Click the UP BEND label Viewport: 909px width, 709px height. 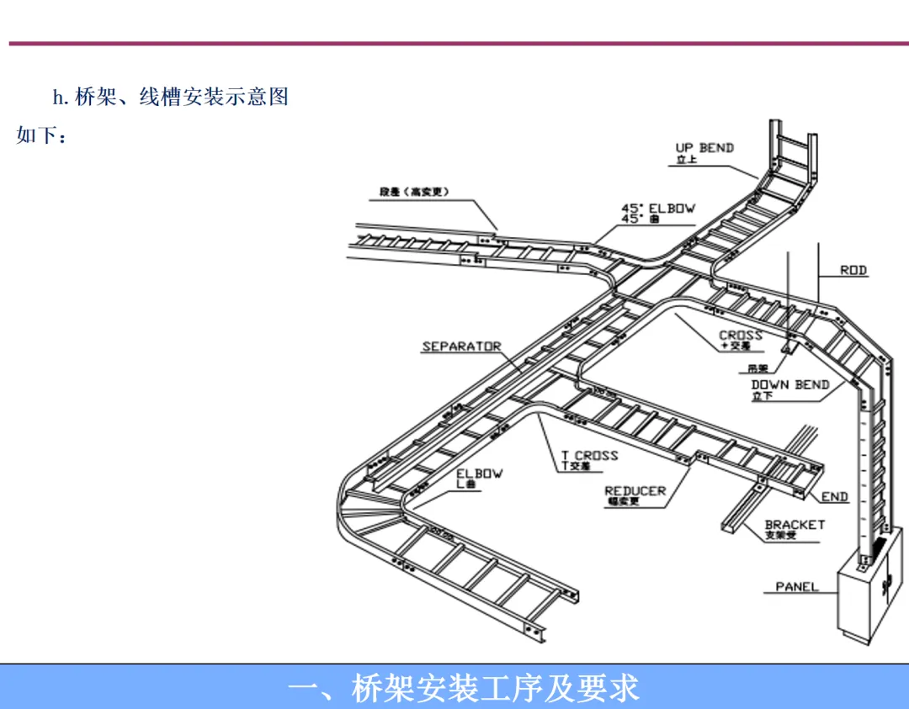coord(704,148)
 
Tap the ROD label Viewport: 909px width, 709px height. coord(853,271)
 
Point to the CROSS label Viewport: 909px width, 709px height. coord(741,336)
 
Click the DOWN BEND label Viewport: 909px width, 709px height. coord(789,385)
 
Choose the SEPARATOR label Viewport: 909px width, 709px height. coord(461,347)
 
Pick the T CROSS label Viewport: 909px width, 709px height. coord(589,456)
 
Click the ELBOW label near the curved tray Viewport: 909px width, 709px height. coord(480,474)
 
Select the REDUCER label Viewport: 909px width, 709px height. coord(635,491)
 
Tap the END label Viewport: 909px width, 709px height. coord(835,497)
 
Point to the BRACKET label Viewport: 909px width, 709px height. coord(795,525)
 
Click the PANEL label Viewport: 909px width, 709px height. coord(796,586)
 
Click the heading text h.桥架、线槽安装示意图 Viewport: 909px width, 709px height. coord(170,97)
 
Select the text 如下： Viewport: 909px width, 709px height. coord(40,135)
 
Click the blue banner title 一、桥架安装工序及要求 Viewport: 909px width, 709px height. coord(463,688)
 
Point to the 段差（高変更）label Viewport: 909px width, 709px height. coord(413,192)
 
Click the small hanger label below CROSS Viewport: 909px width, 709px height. coord(757,368)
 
